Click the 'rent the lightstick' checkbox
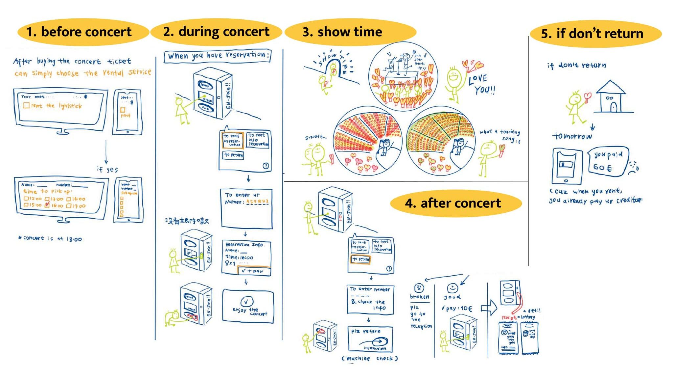[x=26, y=105]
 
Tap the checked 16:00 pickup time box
[x=47, y=205]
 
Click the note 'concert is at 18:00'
[x=50, y=238]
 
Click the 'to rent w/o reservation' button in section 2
[x=258, y=140]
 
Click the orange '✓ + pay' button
[x=254, y=271]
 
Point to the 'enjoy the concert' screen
[x=248, y=306]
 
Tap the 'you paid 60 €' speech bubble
[x=608, y=161]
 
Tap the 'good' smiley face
[x=453, y=288]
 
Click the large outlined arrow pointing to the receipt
[x=489, y=308]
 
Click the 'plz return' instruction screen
[x=370, y=339]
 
